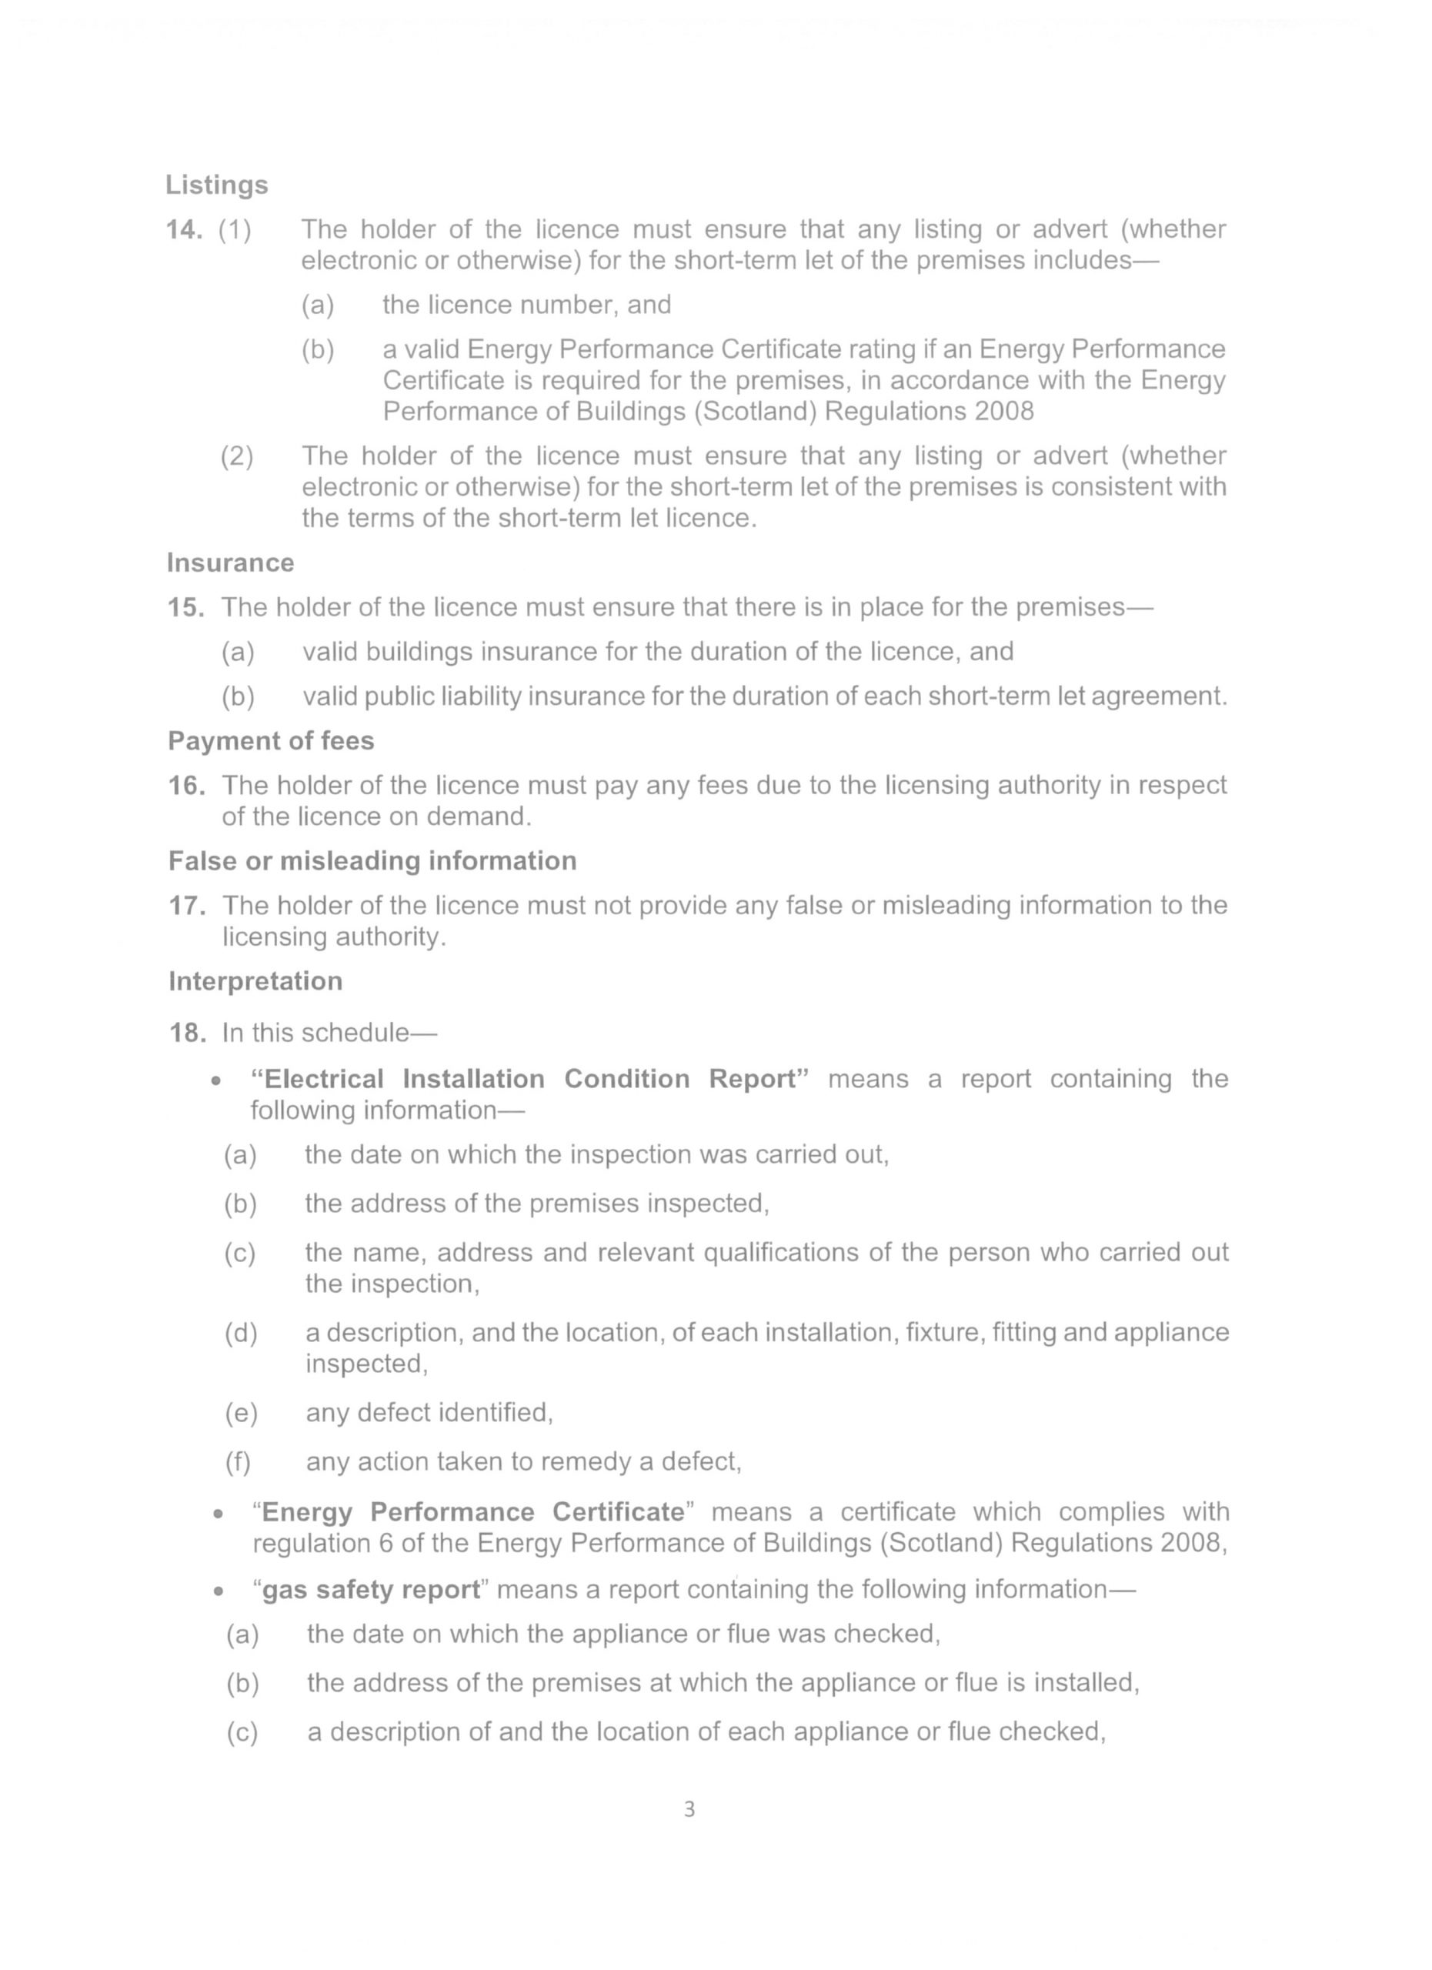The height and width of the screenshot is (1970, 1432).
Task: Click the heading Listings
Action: [x=216, y=185]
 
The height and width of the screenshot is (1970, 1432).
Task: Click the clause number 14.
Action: [x=184, y=229]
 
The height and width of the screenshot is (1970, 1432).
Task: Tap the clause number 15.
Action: [x=186, y=607]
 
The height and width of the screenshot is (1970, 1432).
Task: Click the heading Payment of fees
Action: [x=271, y=741]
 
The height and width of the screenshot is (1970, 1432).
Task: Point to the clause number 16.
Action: [x=187, y=785]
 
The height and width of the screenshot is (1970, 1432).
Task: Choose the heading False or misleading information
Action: [x=372, y=861]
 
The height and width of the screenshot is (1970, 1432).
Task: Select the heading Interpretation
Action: [x=255, y=980]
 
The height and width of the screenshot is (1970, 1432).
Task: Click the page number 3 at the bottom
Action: [x=689, y=1809]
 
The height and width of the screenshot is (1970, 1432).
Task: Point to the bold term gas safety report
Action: [x=371, y=1590]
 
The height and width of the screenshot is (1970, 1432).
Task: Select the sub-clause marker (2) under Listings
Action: [x=236, y=456]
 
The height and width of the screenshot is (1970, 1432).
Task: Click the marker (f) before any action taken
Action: [x=238, y=1462]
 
